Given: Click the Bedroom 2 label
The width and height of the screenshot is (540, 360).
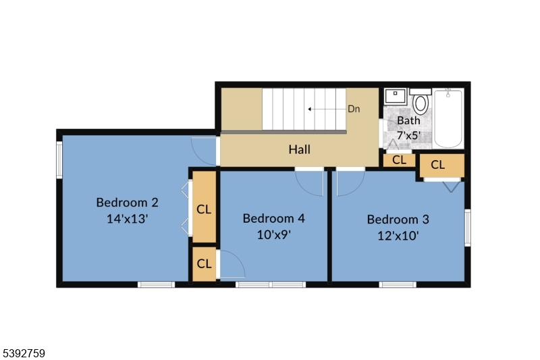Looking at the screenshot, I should [127, 202].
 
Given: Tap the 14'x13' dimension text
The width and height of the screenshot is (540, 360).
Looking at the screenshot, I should [127, 219].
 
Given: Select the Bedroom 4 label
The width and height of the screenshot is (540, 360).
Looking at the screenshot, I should [273, 218].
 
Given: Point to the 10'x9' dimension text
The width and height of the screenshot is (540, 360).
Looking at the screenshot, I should [273, 235].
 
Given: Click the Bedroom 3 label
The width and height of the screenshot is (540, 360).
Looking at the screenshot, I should [398, 219].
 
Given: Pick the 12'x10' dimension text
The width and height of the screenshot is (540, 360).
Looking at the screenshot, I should [398, 236].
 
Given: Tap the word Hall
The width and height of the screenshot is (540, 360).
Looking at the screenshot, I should [299, 149].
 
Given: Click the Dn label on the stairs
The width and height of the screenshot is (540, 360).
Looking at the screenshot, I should [354, 109].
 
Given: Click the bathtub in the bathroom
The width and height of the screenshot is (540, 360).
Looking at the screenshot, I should [448, 118].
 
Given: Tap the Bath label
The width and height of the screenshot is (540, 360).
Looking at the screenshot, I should [408, 120].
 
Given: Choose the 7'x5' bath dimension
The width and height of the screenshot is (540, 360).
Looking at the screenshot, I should [408, 134].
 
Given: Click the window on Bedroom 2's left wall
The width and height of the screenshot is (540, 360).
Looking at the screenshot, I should [59, 160].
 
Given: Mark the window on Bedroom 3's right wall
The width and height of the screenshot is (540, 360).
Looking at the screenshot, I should [467, 227].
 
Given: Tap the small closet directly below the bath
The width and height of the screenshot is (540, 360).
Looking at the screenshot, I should [399, 160].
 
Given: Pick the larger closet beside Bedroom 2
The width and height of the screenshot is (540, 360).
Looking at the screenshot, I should [204, 209].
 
